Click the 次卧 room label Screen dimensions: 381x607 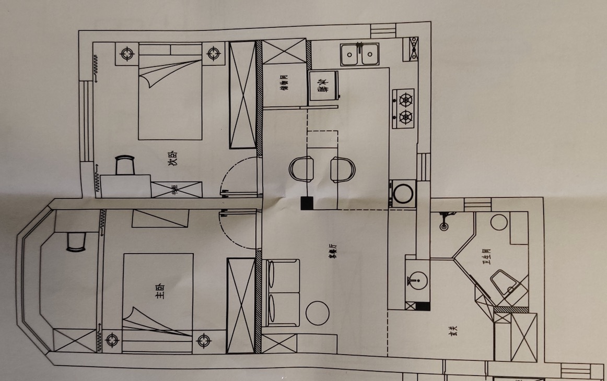point(173,158)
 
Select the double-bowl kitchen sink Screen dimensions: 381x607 point(359,54)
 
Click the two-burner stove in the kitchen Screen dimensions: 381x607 point(404,109)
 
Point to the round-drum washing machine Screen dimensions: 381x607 point(403,194)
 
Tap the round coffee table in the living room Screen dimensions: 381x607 point(318,313)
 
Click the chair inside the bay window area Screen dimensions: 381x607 point(76,242)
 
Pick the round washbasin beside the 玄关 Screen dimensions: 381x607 point(418,281)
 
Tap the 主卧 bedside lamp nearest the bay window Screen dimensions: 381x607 point(112,341)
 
